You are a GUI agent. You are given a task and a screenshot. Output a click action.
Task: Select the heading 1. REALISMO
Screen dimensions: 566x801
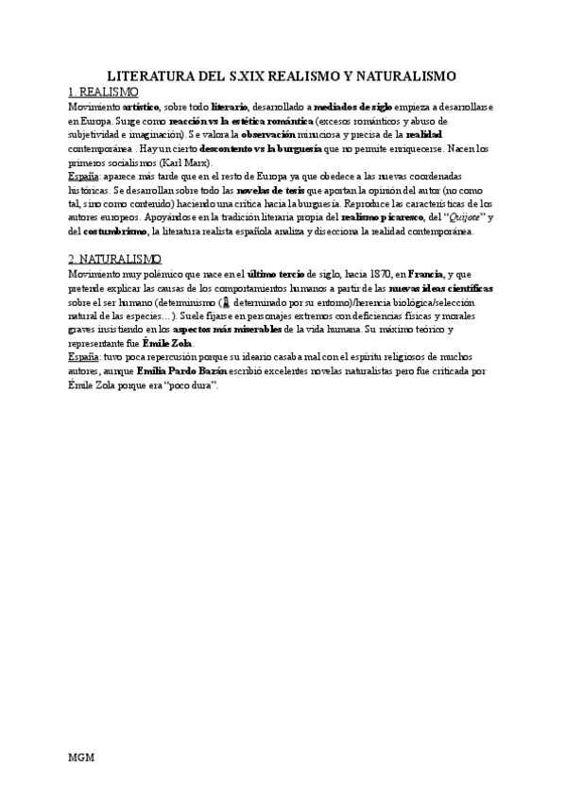pos(104,93)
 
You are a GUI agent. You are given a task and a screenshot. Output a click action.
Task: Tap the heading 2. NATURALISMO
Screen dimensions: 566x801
pos(114,258)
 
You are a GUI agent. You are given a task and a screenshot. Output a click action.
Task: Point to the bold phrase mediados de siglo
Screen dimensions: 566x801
pos(353,108)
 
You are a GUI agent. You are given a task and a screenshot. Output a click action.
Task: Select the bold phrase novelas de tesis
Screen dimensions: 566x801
pos(269,190)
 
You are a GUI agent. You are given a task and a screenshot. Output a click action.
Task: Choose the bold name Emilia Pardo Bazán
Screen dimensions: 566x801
pos(185,372)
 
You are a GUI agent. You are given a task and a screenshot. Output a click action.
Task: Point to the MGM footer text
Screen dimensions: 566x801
pos(81,758)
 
